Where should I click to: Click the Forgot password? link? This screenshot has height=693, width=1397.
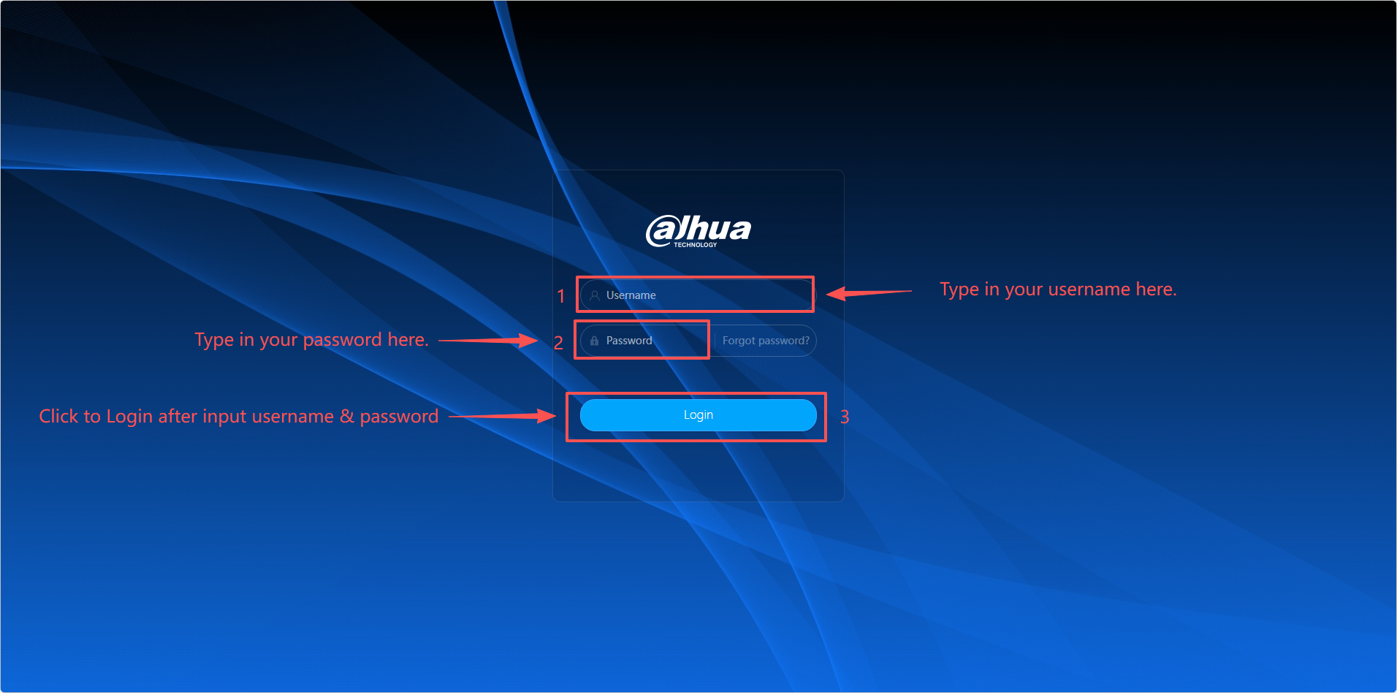(766, 341)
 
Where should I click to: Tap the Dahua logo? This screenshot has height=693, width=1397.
(698, 231)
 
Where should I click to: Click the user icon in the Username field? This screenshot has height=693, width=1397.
(595, 295)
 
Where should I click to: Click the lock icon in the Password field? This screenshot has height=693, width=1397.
(594, 341)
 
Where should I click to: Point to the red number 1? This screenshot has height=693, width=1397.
(561, 296)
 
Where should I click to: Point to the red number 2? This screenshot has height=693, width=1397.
(558, 343)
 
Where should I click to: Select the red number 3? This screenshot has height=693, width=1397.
(845, 417)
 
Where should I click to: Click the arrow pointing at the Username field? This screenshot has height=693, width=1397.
(869, 293)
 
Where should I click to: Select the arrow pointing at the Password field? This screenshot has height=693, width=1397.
(488, 341)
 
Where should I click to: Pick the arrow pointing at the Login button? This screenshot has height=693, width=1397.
(503, 416)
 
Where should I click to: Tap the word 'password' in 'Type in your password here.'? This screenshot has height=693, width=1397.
(343, 341)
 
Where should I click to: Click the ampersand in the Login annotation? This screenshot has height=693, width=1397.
(347, 416)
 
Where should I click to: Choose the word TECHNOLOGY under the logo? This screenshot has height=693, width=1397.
(696, 245)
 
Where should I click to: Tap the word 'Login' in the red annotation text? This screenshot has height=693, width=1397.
(129, 417)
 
